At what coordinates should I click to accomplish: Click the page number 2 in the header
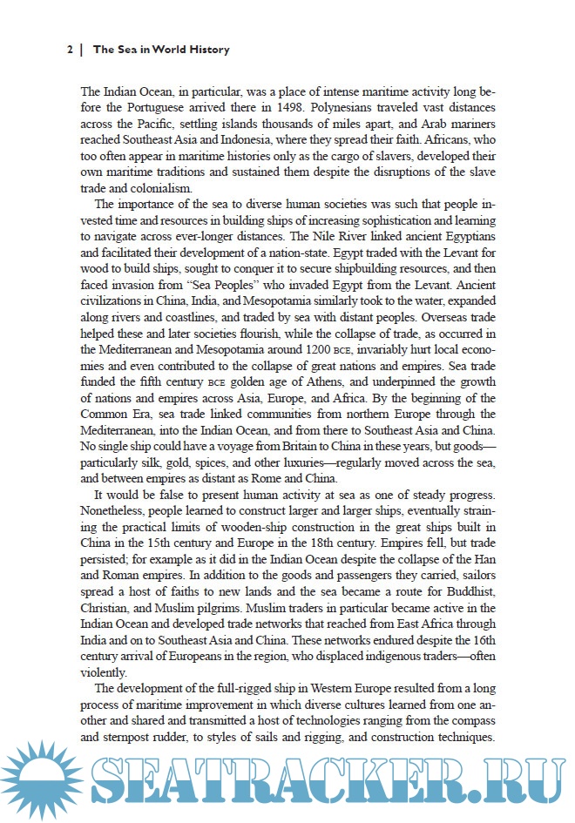(x=70, y=50)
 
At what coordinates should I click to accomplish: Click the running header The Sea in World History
(x=161, y=50)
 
